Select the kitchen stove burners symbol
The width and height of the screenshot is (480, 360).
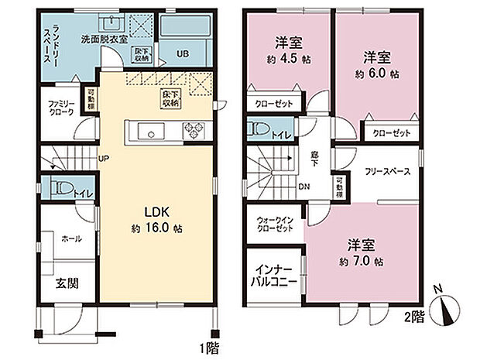pos(191,131)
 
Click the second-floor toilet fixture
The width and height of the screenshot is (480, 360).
pos(257,129)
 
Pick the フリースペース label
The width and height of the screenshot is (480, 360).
pos(387,171)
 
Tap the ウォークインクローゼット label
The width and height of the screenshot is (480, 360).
pos(275,225)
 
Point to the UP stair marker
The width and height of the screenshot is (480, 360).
pos(103,160)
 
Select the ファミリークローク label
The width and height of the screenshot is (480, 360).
pos(61,108)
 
